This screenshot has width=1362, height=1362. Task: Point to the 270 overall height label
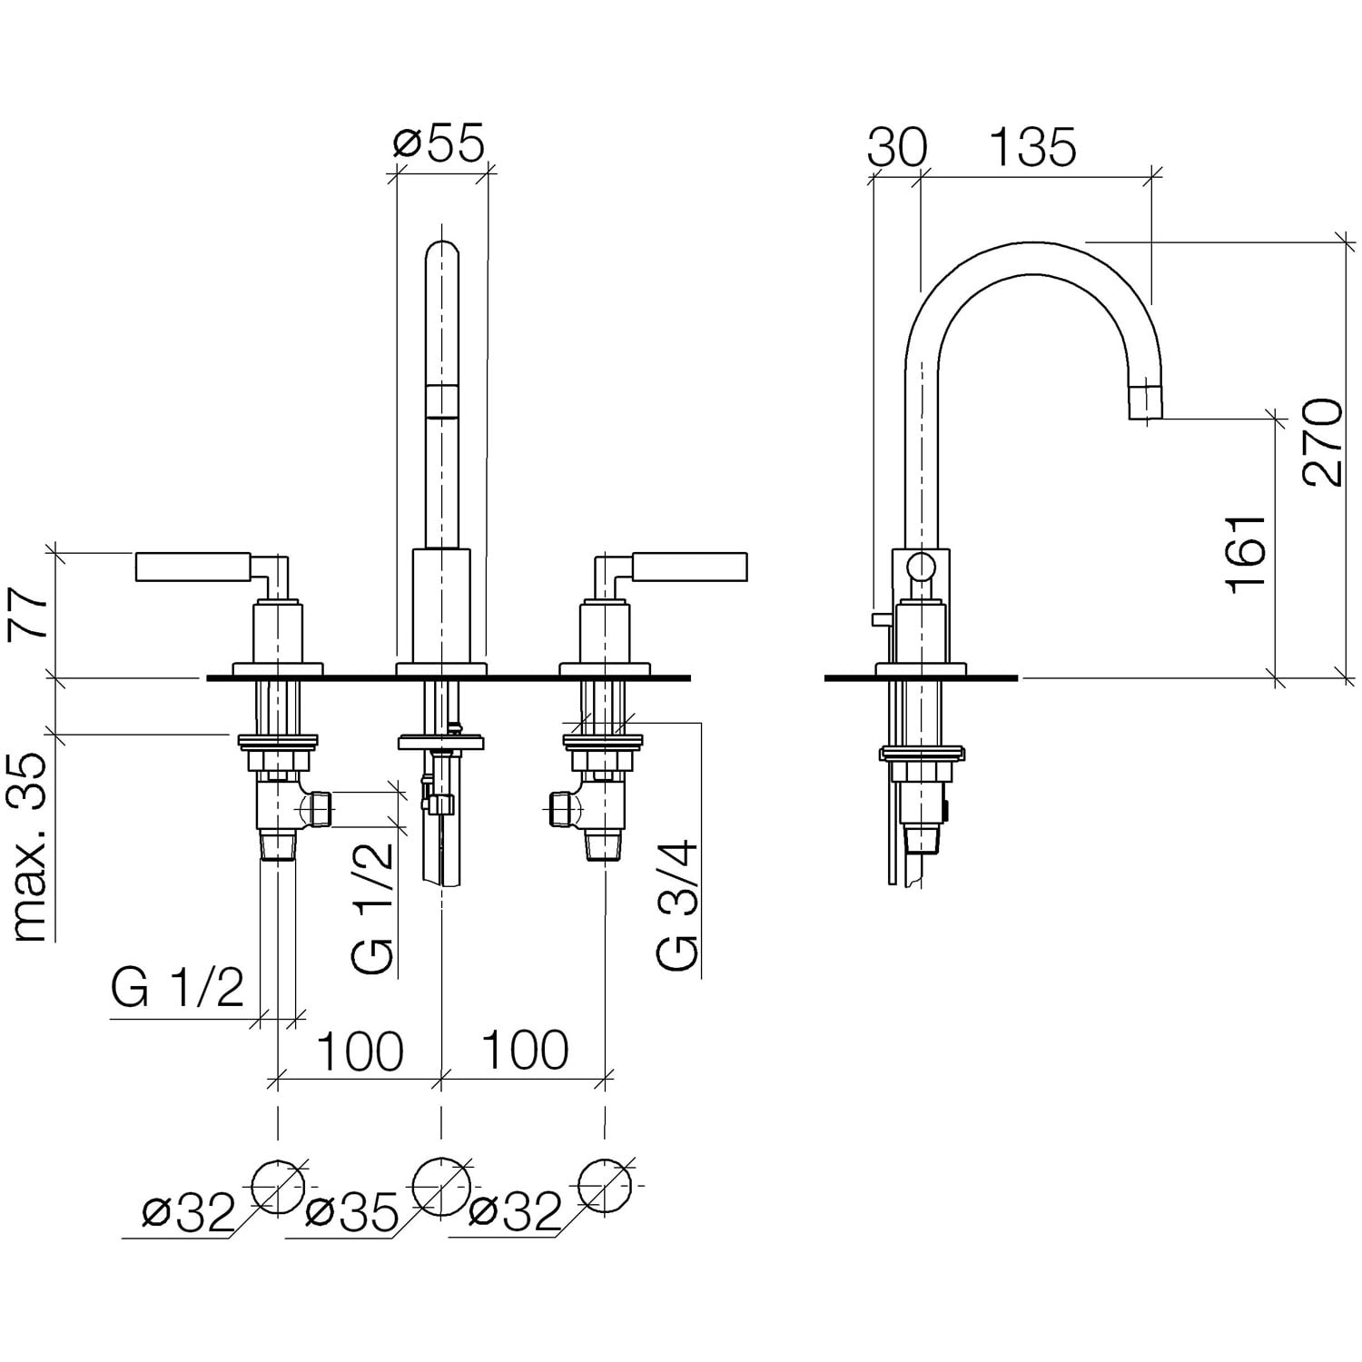tap(1321, 442)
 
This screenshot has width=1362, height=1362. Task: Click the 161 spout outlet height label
tap(1246, 554)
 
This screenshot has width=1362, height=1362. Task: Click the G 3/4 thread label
tap(677, 906)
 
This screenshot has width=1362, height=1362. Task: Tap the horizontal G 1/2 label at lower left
tap(178, 988)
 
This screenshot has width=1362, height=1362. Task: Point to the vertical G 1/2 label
tap(374, 908)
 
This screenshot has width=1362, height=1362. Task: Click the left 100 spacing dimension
tap(359, 1051)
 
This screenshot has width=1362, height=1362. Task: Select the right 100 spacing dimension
tap(524, 1051)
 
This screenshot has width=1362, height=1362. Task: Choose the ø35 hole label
tap(352, 1212)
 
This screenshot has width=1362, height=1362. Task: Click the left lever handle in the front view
tap(192, 567)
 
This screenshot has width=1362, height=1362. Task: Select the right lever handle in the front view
tap(690, 567)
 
